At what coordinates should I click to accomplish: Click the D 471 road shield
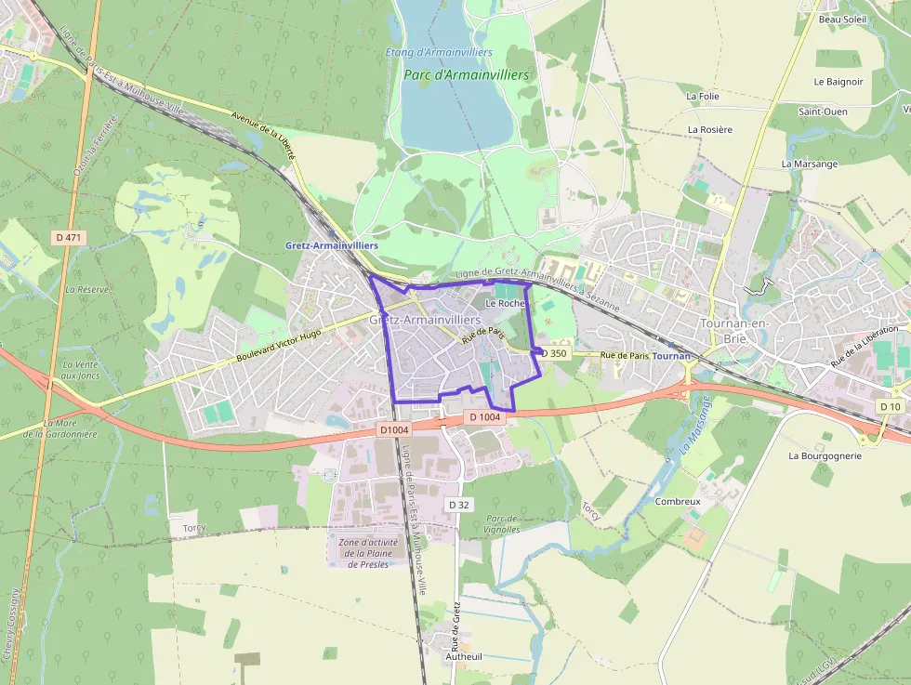[70, 238]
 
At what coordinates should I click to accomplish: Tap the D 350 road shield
[554, 353]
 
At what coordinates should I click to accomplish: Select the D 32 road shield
[459, 505]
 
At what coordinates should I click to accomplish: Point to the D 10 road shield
[890, 407]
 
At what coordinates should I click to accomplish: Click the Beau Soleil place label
[842, 20]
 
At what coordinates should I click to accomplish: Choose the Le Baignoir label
[838, 82]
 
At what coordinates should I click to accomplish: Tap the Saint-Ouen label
[823, 112]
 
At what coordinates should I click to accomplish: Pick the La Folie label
[703, 96]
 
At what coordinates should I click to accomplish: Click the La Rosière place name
[710, 129]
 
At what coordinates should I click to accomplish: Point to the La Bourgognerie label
[825, 456]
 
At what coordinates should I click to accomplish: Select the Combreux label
[678, 501]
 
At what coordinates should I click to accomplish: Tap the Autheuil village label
[464, 656]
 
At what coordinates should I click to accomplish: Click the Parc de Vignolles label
[502, 524]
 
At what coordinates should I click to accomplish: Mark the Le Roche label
[505, 303]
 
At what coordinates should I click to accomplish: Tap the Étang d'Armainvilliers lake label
[439, 52]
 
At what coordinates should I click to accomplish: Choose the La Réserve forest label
[86, 290]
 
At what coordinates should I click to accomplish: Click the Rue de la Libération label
[865, 344]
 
